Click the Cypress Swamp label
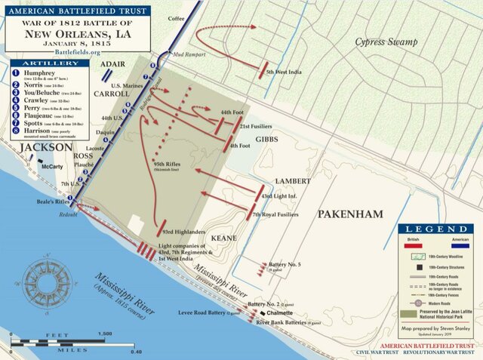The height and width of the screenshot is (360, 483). click(x=386, y=42)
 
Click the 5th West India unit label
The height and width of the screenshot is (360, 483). click(x=284, y=72)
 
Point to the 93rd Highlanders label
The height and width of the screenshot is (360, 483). click(x=185, y=232)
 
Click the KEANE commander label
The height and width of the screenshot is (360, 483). click(x=226, y=237)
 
